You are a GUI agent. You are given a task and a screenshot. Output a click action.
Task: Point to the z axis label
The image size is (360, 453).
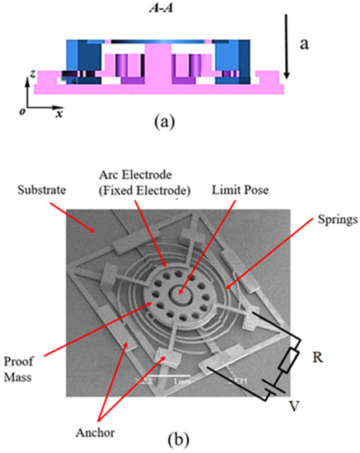(x=30, y=75)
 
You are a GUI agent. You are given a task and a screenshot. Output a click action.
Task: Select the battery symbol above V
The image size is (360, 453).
(x=272, y=395)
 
